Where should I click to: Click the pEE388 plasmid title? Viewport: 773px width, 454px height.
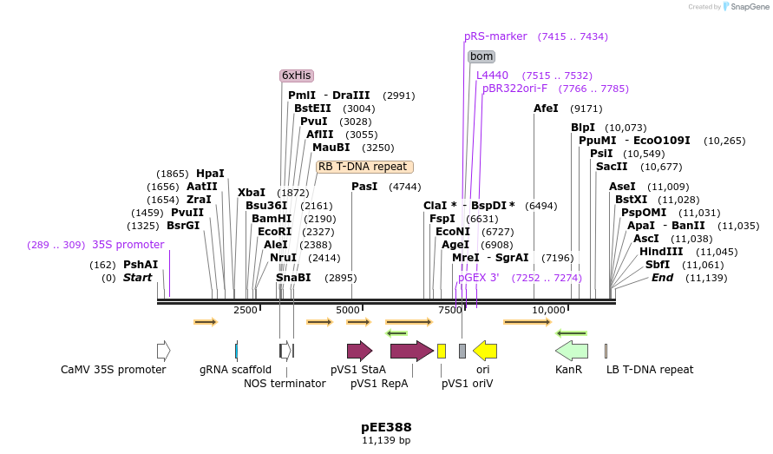click(386, 427)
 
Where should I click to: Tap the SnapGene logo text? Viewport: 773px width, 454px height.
click(749, 7)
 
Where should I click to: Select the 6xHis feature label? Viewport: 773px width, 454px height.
click(296, 76)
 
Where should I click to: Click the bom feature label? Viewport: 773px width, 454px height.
click(481, 56)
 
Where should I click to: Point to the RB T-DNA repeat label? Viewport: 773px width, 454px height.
click(363, 167)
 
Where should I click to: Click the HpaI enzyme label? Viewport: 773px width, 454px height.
click(210, 174)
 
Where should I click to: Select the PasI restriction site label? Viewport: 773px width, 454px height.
click(365, 187)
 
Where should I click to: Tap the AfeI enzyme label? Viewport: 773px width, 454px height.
click(546, 109)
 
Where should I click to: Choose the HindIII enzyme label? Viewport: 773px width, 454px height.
click(661, 252)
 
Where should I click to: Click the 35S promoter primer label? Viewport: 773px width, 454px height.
click(128, 245)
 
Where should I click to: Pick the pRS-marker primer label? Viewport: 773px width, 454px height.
click(495, 36)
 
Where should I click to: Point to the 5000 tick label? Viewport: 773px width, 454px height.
click(348, 310)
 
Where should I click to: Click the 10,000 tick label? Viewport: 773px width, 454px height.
click(548, 310)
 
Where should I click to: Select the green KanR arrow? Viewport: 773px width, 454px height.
click(571, 351)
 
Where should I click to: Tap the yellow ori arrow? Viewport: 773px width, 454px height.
click(485, 351)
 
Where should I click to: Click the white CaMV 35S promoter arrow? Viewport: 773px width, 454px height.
click(163, 351)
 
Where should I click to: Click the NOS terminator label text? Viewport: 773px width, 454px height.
click(285, 383)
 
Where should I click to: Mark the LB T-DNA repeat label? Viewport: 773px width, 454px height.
click(649, 369)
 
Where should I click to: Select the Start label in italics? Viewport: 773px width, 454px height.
click(137, 278)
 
